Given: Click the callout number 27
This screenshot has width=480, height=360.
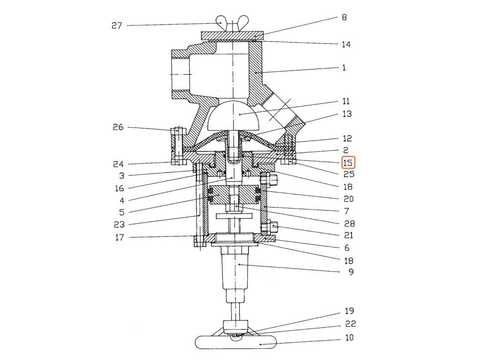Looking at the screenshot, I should [117, 25].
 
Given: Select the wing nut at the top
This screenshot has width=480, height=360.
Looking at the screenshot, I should [232, 24].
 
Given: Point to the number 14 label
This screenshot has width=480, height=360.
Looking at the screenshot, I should [346, 45].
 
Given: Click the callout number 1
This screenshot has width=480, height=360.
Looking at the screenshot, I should [344, 67].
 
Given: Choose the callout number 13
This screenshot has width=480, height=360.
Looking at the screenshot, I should [347, 114].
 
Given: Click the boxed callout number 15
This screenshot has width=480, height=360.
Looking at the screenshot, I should [347, 163].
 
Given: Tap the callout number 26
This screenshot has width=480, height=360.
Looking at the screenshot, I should [118, 127].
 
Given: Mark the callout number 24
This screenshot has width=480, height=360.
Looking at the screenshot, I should [118, 165].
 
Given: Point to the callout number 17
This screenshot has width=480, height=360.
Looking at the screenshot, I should [120, 238].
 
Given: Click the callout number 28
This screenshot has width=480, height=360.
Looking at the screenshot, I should [349, 224].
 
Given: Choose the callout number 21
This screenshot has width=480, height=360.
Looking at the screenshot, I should [348, 235].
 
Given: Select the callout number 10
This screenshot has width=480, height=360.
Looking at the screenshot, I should [349, 337].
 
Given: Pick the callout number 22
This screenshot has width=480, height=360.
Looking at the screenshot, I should [351, 324].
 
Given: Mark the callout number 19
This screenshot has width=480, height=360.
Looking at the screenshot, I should [349, 311].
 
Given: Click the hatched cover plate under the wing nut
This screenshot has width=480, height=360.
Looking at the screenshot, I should [232, 36].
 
